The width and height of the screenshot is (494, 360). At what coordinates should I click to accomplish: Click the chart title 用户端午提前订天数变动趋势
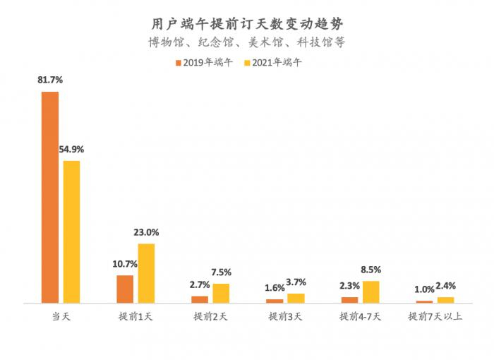tap(247, 23)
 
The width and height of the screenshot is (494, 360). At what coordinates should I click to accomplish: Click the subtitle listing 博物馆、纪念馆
tap(247, 42)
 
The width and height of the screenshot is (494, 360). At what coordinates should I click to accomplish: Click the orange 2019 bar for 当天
tap(50, 198)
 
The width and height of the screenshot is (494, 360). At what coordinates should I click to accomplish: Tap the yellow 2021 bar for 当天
tap(71, 232)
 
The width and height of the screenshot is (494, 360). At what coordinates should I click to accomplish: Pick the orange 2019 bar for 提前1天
tap(125, 289)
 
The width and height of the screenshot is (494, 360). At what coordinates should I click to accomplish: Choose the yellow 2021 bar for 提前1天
tap(146, 273)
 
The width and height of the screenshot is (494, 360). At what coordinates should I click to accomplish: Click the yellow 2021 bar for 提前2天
tap(221, 294)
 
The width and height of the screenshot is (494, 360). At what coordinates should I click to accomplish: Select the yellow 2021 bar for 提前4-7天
tap(371, 292)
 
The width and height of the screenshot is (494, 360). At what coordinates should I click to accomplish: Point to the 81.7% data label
tap(49, 80)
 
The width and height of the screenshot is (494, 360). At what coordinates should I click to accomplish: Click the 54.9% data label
tap(71, 149)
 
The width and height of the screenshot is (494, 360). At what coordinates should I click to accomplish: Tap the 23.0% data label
tap(146, 232)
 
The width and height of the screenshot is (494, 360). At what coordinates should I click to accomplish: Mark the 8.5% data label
tap(371, 269)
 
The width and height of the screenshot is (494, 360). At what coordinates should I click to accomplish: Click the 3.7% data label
tap(296, 282)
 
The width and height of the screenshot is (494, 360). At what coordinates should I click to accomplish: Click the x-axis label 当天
tap(61, 317)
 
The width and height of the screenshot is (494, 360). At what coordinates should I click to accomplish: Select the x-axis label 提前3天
tap(285, 317)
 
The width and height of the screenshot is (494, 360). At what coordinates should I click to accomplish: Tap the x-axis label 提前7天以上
tap(435, 317)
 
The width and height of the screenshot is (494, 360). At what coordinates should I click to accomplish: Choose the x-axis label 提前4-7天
tap(360, 317)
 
